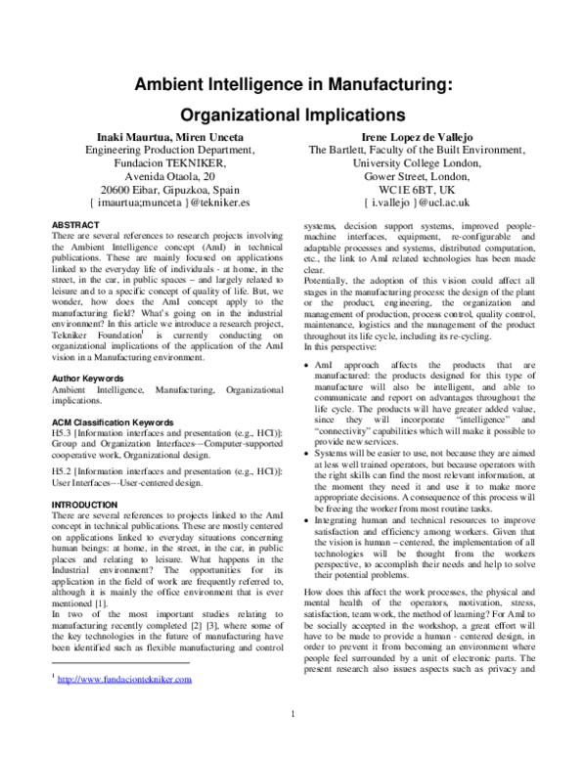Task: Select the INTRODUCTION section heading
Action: pyautogui.click(x=86, y=504)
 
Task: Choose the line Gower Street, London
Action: pyautogui.click(x=417, y=168)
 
